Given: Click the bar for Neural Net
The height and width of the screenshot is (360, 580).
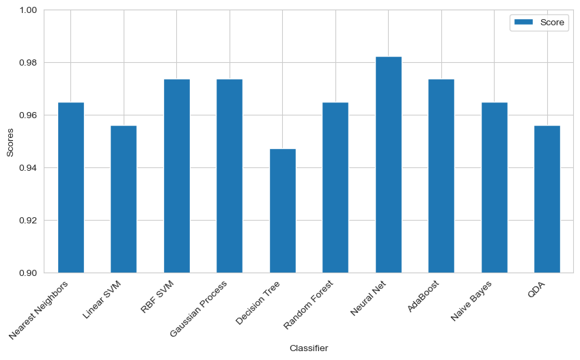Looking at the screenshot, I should (388, 165).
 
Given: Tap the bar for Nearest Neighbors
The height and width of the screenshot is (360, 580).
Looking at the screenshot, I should (70, 187).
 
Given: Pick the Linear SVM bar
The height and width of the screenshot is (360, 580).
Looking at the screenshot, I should (124, 199).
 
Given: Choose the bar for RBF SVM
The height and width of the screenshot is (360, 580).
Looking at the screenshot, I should (176, 176).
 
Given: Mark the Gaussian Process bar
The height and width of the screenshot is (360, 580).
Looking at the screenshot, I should (230, 176).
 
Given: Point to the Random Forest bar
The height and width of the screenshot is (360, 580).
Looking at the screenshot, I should (335, 187).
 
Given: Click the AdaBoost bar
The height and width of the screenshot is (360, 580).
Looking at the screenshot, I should (441, 176).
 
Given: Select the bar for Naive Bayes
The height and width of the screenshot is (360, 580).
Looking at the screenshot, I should (494, 187).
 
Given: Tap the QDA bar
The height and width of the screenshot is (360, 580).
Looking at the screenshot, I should (547, 199).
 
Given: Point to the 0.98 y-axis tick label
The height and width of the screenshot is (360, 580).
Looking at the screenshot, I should (31, 63).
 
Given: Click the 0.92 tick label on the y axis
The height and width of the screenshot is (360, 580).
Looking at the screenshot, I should (31, 221).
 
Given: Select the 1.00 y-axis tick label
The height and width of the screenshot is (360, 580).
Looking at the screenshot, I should (31, 10).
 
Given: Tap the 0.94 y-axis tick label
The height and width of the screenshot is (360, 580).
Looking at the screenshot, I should (31, 168).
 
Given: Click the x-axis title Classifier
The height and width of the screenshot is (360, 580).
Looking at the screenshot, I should (309, 348).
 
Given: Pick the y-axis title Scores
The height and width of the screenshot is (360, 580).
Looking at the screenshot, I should (10, 141).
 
